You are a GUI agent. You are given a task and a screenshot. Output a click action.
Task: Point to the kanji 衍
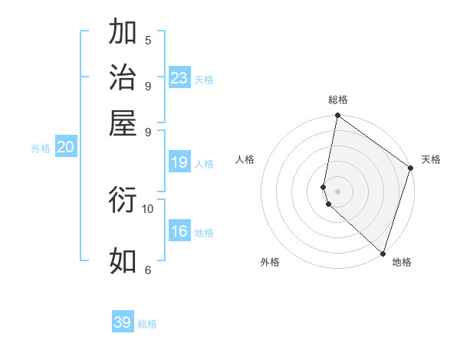(123, 200)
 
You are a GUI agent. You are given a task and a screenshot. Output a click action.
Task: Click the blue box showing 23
(179, 77)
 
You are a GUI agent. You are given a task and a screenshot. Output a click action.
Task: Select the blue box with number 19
(179, 162)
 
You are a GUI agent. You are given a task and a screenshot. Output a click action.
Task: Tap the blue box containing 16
(179, 231)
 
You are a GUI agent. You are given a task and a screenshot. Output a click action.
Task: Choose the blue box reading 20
(65, 148)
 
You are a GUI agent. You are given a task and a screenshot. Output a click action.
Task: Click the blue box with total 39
(123, 322)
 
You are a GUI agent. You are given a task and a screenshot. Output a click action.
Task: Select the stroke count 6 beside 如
(147, 269)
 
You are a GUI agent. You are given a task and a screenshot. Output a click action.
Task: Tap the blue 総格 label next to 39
(147, 324)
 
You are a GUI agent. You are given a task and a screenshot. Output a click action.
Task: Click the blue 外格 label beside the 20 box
(41, 149)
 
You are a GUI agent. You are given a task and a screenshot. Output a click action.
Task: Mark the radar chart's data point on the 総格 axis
(337, 116)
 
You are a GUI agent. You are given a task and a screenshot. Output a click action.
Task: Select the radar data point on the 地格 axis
(383, 254)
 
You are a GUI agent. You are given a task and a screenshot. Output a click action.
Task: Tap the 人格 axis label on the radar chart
(245, 159)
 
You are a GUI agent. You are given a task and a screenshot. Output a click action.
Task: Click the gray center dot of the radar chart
(337, 191)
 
